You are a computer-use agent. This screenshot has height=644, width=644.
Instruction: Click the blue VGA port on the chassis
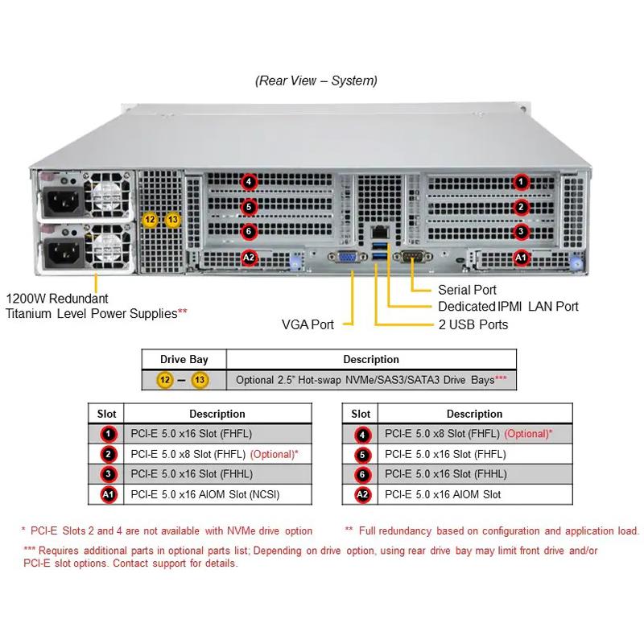click(348, 258)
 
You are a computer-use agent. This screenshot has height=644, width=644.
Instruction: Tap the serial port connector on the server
click(411, 258)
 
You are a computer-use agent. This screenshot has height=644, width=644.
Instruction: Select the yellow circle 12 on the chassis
click(150, 219)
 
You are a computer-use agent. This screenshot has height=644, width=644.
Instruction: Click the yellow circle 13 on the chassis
click(172, 219)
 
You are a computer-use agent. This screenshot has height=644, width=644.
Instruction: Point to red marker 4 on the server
click(250, 183)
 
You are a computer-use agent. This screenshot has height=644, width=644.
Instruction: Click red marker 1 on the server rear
click(522, 183)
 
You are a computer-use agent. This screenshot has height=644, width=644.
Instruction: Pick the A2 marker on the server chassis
click(250, 258)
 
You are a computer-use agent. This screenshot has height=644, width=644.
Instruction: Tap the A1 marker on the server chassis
click(522, 258)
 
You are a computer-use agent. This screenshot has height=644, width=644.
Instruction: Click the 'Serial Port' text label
click(467, 290)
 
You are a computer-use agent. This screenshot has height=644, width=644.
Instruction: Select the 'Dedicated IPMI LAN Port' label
click(508, 307)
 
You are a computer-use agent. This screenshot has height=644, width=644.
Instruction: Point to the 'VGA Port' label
click(308, 324)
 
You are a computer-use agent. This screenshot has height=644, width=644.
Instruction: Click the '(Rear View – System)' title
click(316, 80)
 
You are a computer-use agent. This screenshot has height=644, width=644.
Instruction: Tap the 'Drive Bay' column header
click(184, 359)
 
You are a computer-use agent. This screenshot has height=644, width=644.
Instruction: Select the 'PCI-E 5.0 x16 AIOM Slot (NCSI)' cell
click(210, 494)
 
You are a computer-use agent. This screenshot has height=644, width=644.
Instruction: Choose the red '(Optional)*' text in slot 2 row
click(275, 454)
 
